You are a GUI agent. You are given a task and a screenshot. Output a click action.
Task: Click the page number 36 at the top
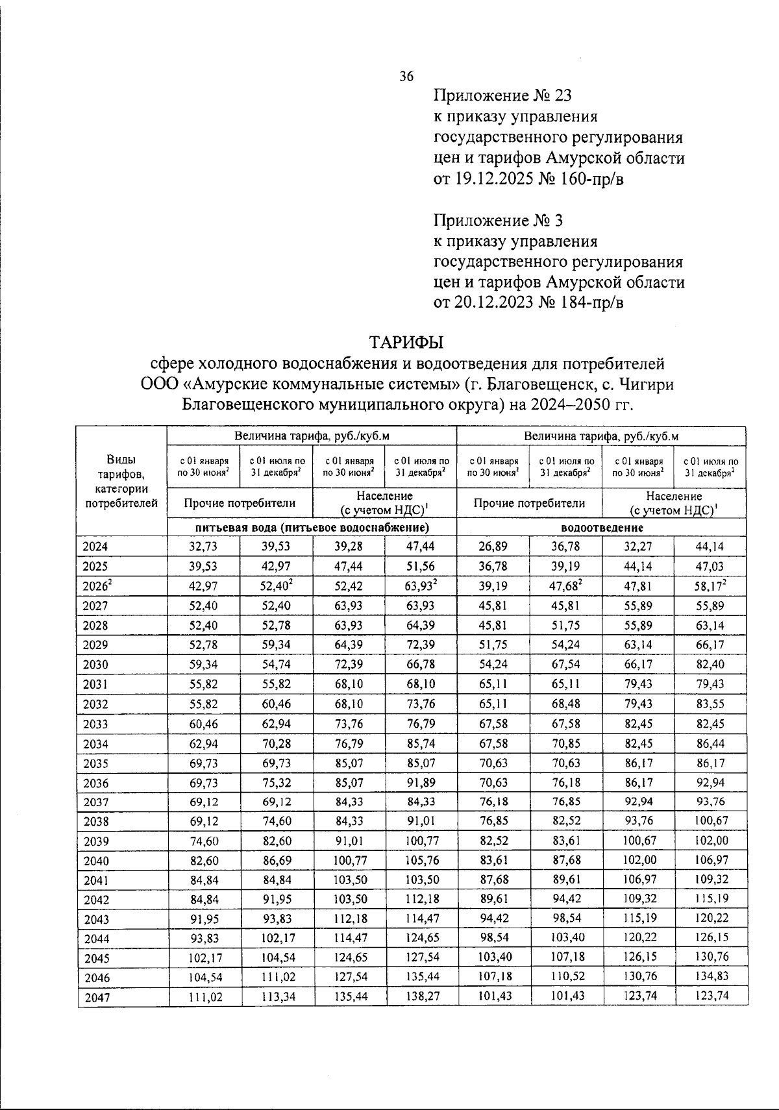[x=406, y=76]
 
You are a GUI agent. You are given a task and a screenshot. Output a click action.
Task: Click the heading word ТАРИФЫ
[x=406, y=341]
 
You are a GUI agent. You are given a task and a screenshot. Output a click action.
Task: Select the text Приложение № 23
[x=502, y=96]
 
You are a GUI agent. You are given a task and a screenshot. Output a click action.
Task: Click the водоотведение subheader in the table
[x=602, y=527]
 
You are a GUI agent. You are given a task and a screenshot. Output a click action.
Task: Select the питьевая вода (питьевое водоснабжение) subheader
[x=312, y=527]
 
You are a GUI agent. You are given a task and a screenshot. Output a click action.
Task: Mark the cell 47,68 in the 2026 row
[x=565, y=586]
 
